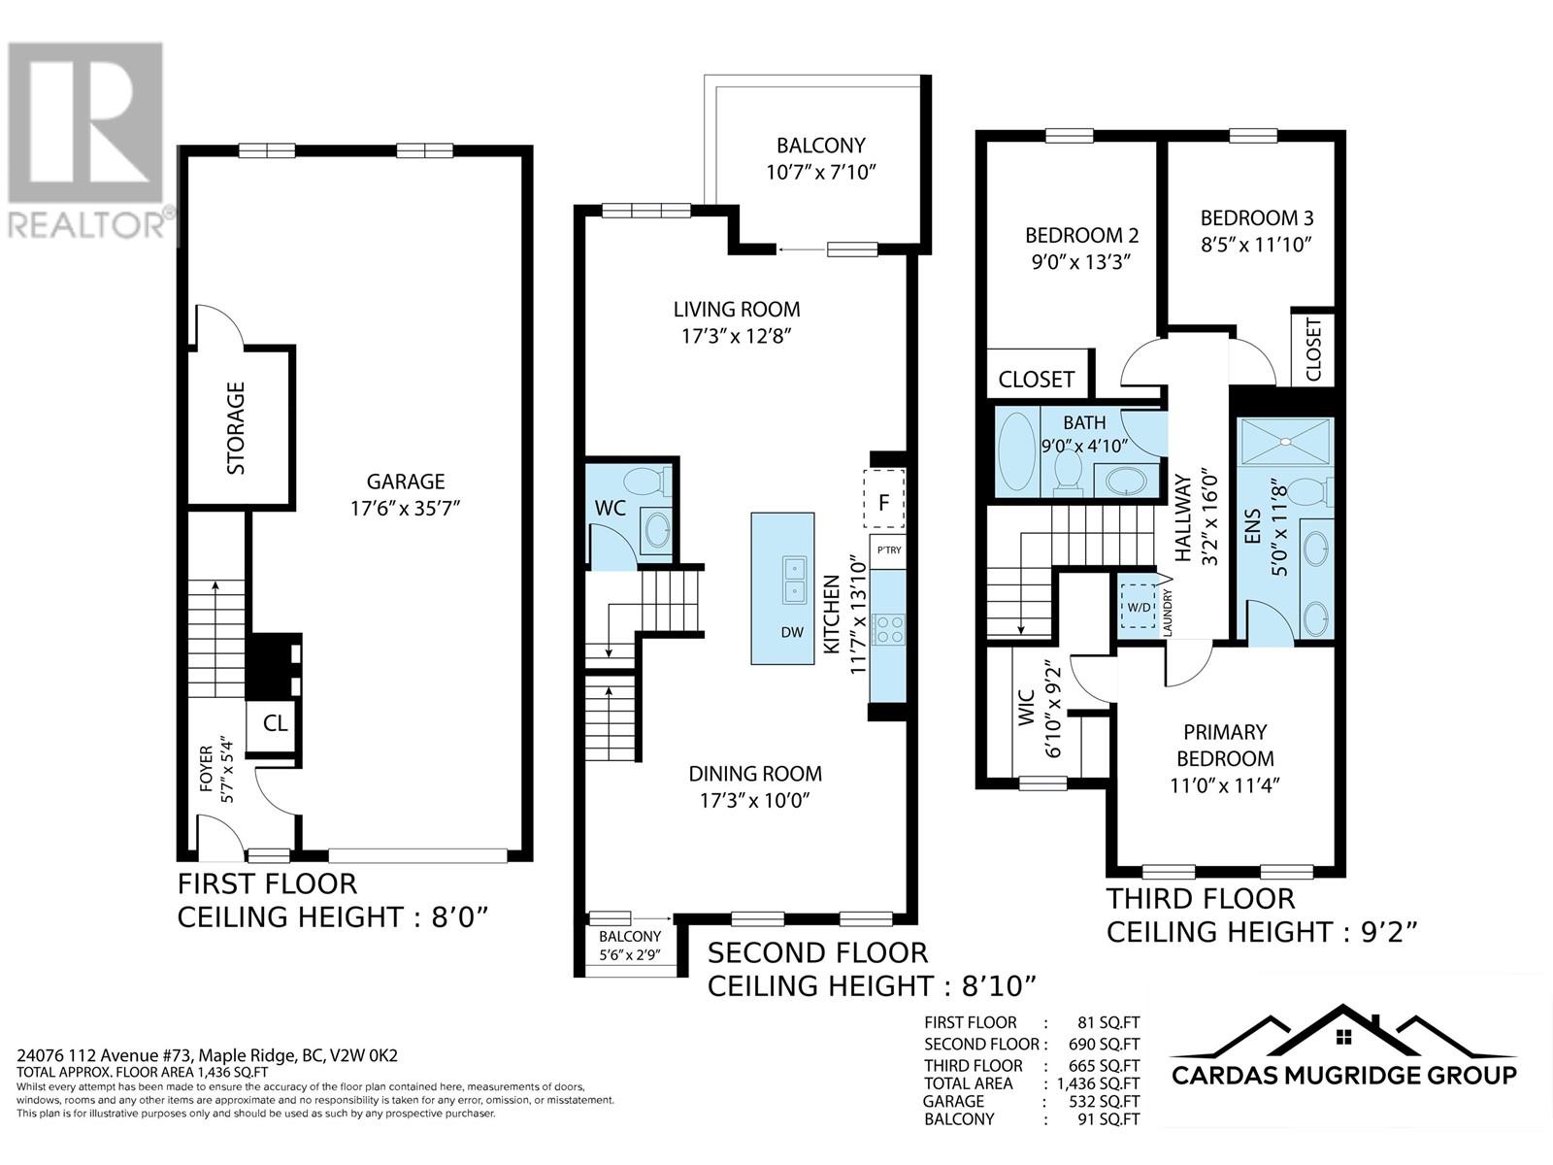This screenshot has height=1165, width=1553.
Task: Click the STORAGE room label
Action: point(236,428)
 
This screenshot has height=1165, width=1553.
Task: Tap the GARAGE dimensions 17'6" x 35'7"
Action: point(406,509)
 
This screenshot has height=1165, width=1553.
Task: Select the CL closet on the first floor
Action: point(276,723)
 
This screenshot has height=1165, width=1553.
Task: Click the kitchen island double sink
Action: point(794,580)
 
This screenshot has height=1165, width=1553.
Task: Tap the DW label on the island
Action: point(792,632)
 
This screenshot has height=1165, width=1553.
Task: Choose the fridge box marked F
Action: point(883,499)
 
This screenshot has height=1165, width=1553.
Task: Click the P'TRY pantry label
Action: point(889,549)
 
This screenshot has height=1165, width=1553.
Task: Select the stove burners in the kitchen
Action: point(889,629)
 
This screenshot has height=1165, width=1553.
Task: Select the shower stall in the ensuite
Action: point(1285,442)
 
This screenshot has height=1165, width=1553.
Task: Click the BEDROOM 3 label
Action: point(1257,217)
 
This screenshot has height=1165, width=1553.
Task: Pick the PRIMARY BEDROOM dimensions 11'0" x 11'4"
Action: point(1225,785)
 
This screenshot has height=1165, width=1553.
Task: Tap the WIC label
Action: point(1026,708)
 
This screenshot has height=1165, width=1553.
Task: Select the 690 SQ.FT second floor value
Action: point(1104,1044)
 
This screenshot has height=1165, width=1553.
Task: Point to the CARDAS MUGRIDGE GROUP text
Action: point(1343,1076)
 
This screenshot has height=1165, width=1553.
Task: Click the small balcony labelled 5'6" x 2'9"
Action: point(630,945)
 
